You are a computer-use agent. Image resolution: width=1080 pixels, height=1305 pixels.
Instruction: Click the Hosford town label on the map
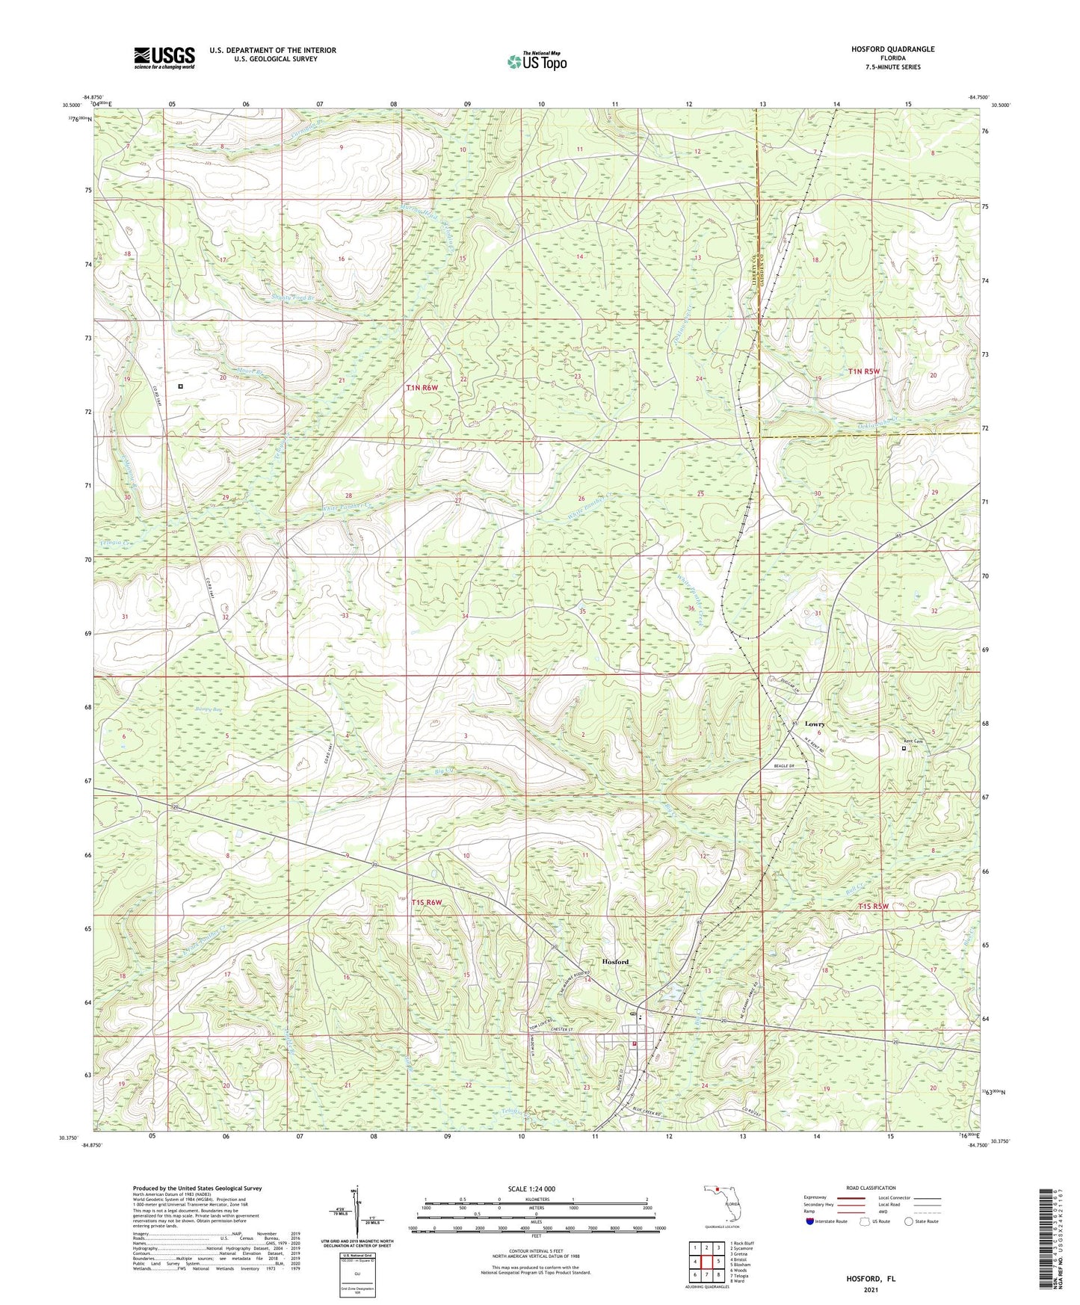coord(616,961)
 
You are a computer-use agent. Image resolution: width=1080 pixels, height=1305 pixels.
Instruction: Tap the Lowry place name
coord(815,724)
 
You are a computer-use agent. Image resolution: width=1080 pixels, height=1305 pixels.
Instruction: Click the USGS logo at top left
coord(164,58)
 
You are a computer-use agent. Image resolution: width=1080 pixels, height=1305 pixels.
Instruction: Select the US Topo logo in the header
coord(537,61)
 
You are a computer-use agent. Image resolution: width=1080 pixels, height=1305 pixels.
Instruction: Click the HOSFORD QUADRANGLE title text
coord(892,49)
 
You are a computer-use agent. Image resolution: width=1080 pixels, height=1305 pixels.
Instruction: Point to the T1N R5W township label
coord(865,371)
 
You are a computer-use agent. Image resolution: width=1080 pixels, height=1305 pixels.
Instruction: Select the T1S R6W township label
coord(427,903)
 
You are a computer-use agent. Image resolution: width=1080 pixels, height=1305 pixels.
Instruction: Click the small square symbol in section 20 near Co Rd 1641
coord(181,386)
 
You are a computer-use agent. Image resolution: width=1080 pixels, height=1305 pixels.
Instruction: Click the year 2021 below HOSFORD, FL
coord(871,1289)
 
